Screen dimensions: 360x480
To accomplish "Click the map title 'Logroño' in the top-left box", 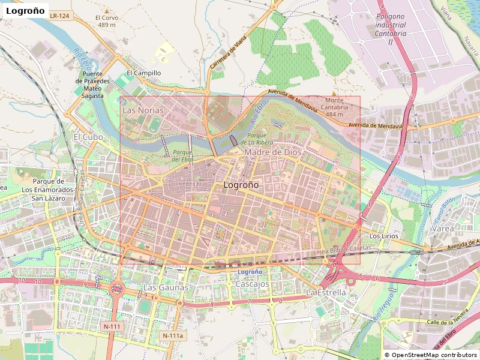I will [x=25, y=11].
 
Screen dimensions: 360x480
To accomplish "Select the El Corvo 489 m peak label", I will [x=107, y=22].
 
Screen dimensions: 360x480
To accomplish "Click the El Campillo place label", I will [x=143, y=73].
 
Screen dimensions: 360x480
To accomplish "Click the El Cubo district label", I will [x=88, y=137].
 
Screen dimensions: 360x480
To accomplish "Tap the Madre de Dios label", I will [x=273, y=152].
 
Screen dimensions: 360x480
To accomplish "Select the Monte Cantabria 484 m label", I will [x=334, y=107].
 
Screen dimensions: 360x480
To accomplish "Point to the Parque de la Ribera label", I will [x=257, y=139].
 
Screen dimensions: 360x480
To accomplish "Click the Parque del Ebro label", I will [x=182, y=156].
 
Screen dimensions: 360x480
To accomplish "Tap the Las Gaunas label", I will [x=166, y=287].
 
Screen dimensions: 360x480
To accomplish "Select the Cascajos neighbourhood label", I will [x=251, y=283].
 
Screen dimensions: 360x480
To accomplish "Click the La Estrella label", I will [x=326, y=292].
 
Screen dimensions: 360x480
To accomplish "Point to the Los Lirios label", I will [x=383, y=236].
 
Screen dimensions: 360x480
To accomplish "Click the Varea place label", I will [x=443, y=229].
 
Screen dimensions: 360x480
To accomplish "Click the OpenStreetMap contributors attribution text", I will [x=431, y=355].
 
